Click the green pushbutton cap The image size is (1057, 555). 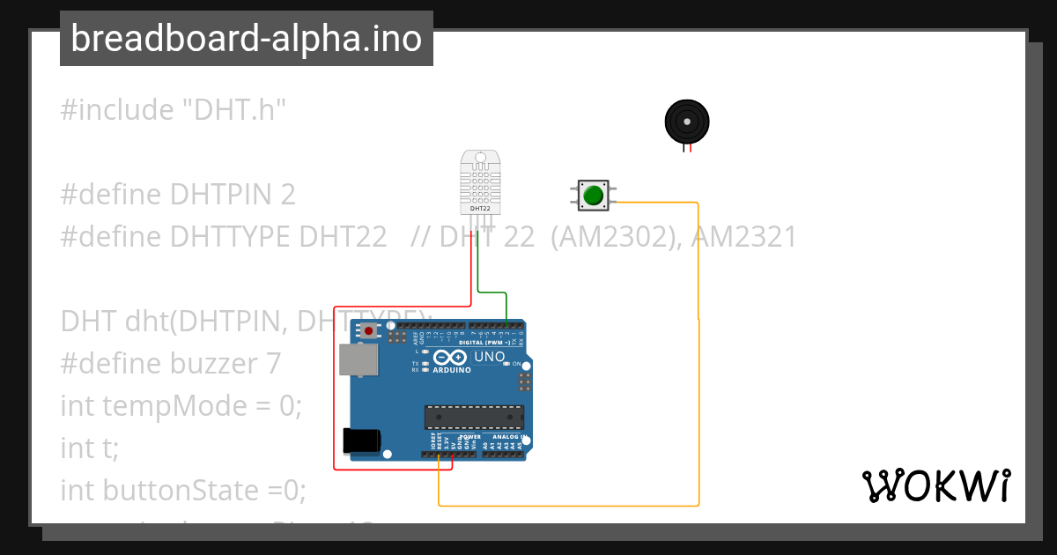click(593, 195)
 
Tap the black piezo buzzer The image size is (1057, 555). click(686, 122)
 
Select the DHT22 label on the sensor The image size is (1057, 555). click(481, 208)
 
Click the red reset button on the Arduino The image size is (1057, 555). click(368, 331)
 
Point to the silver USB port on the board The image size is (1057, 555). click(358, 359)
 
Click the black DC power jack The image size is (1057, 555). click(362, 440)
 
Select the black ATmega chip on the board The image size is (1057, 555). click(474, 417)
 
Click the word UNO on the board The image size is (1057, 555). click(490, 357)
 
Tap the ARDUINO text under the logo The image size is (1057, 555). click(451, 370)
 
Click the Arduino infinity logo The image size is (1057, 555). click(449, 358)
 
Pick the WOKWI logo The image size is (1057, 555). click(935, 485)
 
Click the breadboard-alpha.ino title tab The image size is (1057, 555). click(247, 39)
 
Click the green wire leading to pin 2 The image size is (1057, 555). click(492, 292)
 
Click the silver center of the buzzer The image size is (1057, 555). click(686, 121)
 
